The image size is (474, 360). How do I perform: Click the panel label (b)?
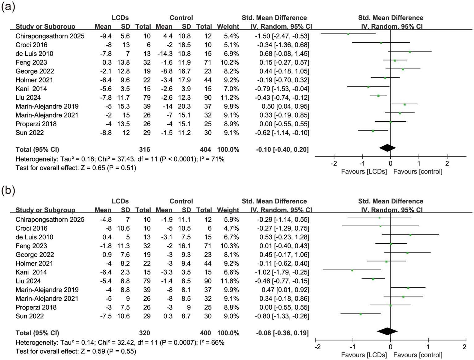pos(8,190)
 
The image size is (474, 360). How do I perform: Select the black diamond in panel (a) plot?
pos(388,148)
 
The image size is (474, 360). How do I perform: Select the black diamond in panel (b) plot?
pos(387,331)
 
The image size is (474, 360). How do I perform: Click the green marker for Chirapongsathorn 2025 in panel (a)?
pos(348,34)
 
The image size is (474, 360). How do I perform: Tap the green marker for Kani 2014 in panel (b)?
pos(352,270)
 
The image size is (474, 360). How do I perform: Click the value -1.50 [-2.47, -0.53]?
pos(282,36)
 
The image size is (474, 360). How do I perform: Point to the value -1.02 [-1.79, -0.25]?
pos(282,272)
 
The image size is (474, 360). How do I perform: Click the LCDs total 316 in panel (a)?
pos(145,150)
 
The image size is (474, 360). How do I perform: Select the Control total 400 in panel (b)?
pos(205,333)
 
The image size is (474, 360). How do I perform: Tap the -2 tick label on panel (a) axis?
pos(334,163)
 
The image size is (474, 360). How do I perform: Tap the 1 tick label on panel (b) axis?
pos(428,347)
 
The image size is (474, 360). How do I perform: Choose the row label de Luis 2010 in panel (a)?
pos(34,54)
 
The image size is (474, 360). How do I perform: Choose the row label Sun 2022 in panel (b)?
pos(30,316)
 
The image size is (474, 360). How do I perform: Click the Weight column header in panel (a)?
pos(228,27)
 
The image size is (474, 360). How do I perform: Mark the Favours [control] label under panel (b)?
pos(417,355)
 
